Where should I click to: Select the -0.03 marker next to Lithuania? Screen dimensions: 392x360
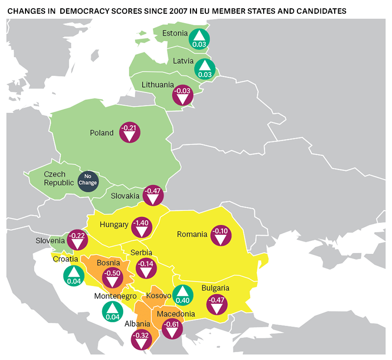[183, 94]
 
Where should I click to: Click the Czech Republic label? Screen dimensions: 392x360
[58, 178]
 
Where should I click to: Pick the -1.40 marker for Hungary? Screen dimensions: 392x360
[142, 227]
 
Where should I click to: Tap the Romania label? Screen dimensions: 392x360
[192, 234]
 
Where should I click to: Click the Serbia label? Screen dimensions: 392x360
[141, 252]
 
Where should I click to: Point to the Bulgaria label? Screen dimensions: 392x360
[215, 288]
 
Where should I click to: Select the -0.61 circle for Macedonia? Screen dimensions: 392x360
[171, 328]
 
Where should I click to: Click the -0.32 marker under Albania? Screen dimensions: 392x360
[142, 339]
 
